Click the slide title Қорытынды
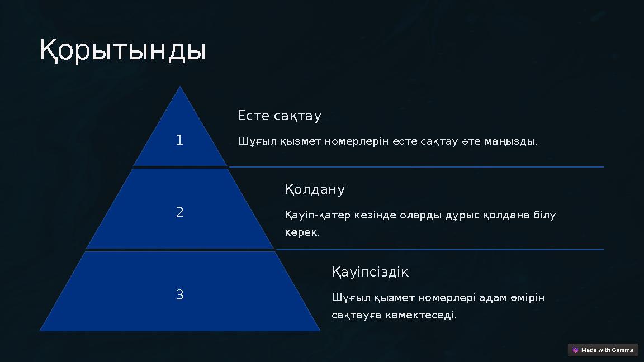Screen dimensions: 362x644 pos(122,50)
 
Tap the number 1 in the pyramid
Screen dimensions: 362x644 pos(179,140)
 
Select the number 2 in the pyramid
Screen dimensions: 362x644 pos(179,212)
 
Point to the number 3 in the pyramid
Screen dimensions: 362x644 pos(179,295)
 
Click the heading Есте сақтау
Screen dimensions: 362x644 pos(280,116)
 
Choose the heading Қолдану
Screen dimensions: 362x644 pos(315,189)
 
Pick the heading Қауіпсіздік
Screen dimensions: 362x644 pos(370,272)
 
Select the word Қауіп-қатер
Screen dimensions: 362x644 pos(318,215)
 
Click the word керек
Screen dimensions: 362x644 pos(302,232)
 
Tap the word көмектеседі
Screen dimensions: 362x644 pos(425,315)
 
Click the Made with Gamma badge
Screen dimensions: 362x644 pos(603,350)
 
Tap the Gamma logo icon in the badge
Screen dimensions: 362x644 pos(576,350)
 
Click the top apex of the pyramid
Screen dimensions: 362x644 pos(179,88)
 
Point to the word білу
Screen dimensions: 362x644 pos(544,215)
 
